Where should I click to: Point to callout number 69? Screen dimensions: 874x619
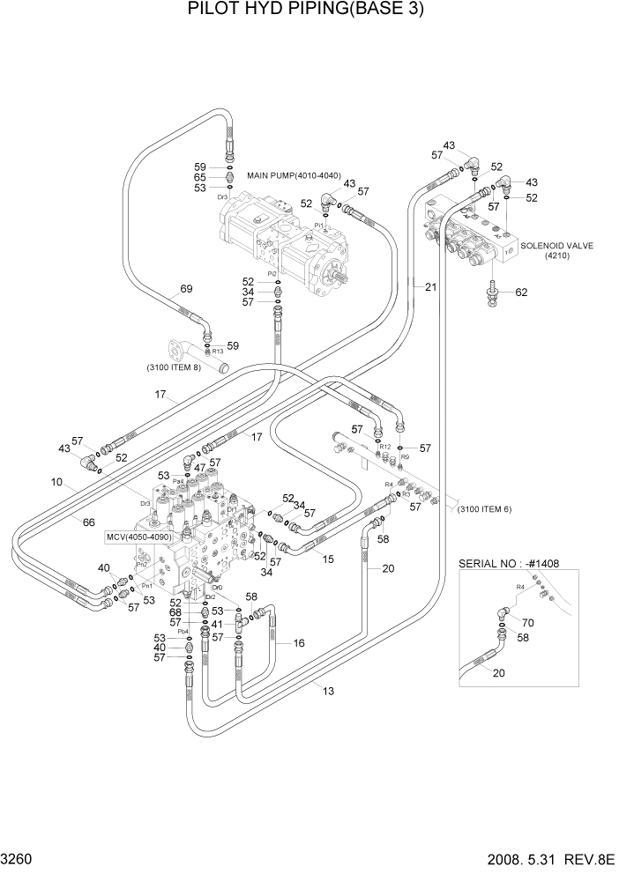(x=186, y=289)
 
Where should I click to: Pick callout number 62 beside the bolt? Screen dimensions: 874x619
(x=520, y=293)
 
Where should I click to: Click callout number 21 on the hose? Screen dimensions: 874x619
(x=429, y=286)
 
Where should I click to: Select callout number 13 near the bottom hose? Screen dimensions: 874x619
(x=328, y=691)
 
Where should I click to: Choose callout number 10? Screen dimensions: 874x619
(x=56, y=482)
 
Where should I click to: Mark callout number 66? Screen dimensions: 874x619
(x=88, y=522)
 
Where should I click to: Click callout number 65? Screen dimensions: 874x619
(x=199, y=177)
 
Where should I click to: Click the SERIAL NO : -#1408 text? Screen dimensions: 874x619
(x=510, y=564)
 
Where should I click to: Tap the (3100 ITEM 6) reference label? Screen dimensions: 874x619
(x=483, y=509)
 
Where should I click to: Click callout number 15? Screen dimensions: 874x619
(x=328, y=559)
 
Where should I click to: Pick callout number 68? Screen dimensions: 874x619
(x=175, y=612)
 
